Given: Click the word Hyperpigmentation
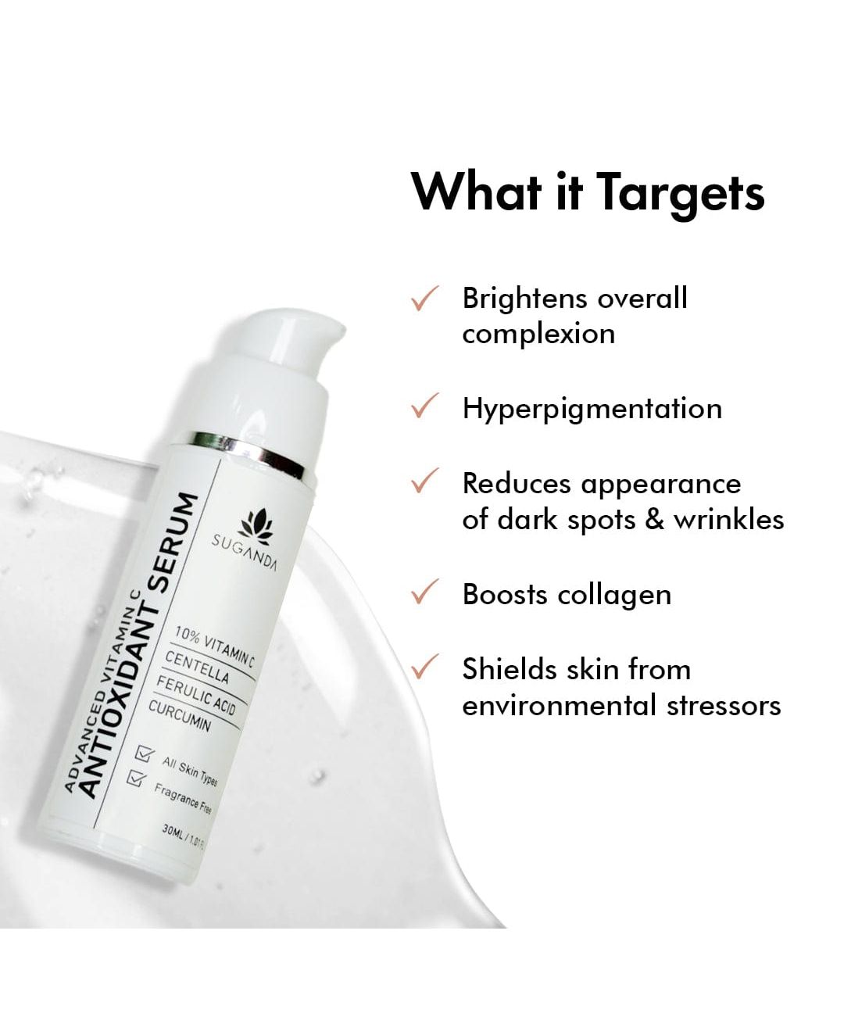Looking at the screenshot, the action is [592, 409].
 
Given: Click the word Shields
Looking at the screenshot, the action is [510, 670].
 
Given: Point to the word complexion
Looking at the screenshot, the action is [538, 335].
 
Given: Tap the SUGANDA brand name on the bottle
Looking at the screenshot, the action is [245, 553].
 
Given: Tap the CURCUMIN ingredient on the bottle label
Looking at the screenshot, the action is [180, 716].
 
